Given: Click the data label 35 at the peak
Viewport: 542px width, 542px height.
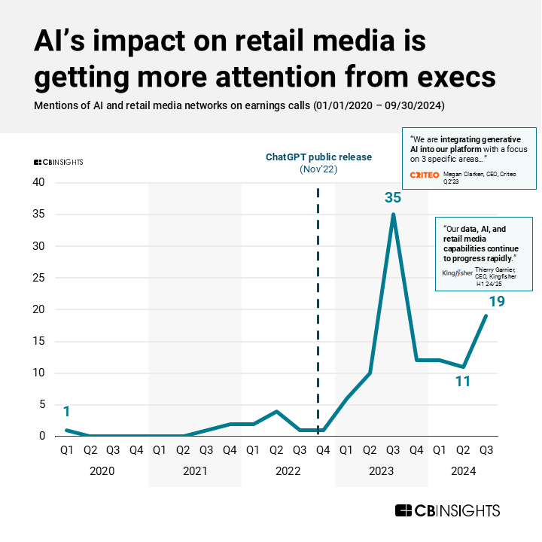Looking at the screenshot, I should click(393, 198).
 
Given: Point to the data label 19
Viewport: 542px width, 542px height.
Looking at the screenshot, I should click(496, 302).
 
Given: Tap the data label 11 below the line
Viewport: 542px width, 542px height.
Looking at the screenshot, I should click(463, 382).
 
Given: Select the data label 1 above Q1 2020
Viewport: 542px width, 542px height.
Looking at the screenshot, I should click(66, 412).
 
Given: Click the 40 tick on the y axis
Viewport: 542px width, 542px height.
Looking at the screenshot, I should click(38, 183).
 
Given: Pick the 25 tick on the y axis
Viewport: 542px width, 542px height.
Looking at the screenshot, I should click(38, 278).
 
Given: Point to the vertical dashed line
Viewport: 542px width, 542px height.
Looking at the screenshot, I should click(318, 301).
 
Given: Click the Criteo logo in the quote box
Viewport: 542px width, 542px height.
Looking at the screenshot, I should click(424, 175).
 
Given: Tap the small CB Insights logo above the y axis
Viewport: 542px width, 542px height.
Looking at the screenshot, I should click(59, 162).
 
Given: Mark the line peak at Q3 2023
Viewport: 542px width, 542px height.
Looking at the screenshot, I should click(393, 215).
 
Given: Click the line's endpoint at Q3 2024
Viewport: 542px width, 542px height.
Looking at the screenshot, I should click(486, 315).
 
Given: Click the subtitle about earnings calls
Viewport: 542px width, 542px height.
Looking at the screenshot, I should click(239, 105).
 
